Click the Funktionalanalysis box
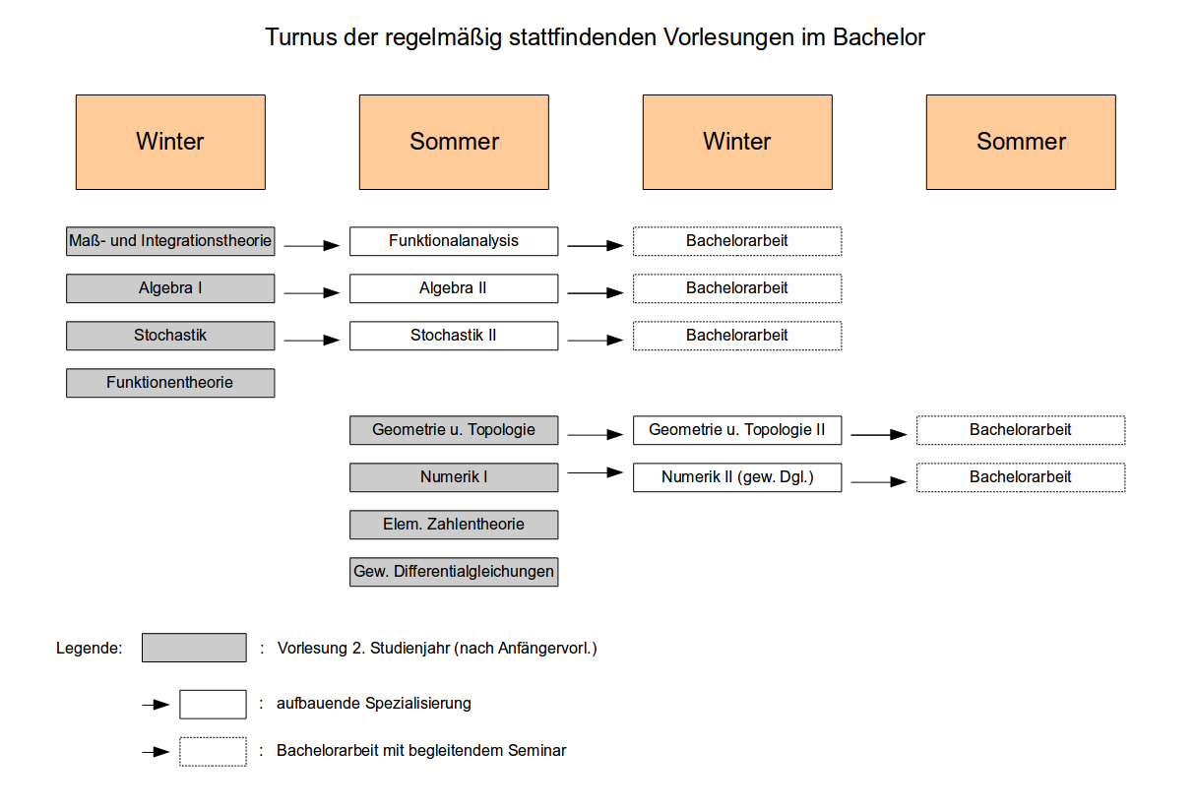pos(454,241)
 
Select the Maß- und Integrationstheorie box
pos(170,241)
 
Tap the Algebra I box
pos(170,288)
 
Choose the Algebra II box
pos(454,288)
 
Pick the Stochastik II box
pos(454,336)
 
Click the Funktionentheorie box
pos(170,383)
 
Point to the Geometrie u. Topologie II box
pos(737,430)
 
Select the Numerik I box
pos(454,477)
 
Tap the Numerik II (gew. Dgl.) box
pos(737,477)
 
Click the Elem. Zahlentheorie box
pos(454,525)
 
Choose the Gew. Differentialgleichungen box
pos(454,572)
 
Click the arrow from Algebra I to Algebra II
pos(312,292)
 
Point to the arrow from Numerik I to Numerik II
pos(596,472)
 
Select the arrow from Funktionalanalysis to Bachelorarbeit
pos(596,246)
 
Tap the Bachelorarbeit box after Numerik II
pos(1021,477)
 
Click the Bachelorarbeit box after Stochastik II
pos(737,336)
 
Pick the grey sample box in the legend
pos(194,648)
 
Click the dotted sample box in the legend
pos(213,752)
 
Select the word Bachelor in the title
pos(879,37)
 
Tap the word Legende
pos(90,649)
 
